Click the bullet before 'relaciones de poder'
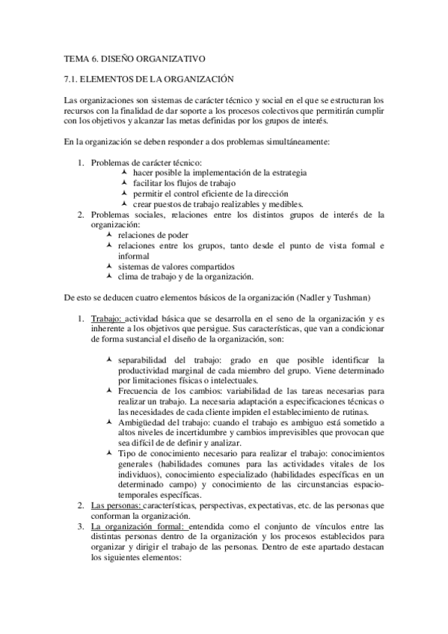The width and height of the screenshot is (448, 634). coord(110,235)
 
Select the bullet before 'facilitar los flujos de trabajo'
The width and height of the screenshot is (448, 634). coord(125,182)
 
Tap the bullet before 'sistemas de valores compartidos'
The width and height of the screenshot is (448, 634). coord(110,266)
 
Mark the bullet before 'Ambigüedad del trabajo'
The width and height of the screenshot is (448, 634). coord(110,422)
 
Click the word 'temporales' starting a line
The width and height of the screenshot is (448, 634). coord(140,496)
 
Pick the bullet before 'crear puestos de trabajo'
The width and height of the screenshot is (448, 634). coord(125,203)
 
